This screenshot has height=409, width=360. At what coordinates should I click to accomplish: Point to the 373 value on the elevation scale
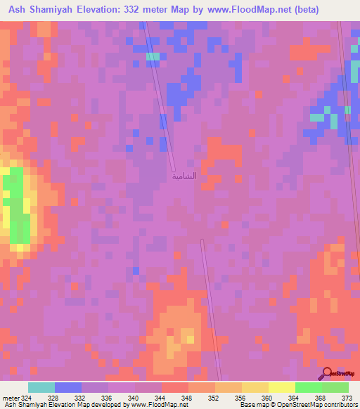[346, 397]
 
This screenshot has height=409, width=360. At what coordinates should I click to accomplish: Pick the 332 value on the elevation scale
[81, 397]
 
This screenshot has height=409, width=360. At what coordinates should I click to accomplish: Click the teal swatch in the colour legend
[41, 387]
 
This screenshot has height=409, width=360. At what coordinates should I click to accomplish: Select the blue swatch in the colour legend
[68, 387]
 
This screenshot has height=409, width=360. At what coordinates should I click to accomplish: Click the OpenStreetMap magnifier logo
[326, 374]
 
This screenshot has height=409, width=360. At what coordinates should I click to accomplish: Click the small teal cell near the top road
[153, 56]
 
